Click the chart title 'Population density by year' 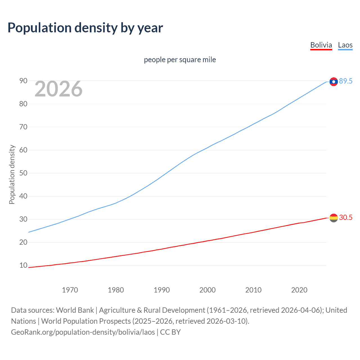(x=85, y=28)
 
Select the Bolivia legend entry (x=321, y=45)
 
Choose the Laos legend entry (x=345, y=45)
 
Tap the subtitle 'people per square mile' (x=180, y=60)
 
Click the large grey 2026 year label (x=58, y=89)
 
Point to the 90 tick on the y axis (x=23, y=81)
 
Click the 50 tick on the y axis (x=23, y=173)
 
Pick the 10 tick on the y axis (x=23, y=265)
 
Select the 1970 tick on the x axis (x=70, y=290)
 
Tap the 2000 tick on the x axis (x=207, y=290)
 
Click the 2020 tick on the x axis (x=299, y=290)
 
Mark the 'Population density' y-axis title (x=12, y=174)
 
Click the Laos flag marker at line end (x=334, y=82)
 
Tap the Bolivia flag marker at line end (x=334, y=218)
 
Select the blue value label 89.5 (x=346, y=81)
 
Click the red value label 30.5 (x=346, y=217)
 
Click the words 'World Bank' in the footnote (x=75, y=310)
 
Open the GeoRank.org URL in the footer (x=83, y=332)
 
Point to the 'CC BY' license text (x=170, y=332)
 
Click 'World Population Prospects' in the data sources (x=86, y=321)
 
